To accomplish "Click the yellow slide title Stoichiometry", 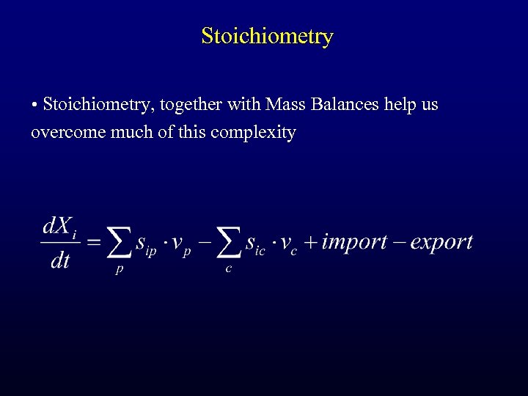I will [x=267, y=36].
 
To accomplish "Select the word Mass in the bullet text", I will [x=287, y=105].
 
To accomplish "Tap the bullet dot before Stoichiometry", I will [x=34, y=106].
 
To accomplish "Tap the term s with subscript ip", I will [x=145, y=244].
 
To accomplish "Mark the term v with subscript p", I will [x=180, y=245].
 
